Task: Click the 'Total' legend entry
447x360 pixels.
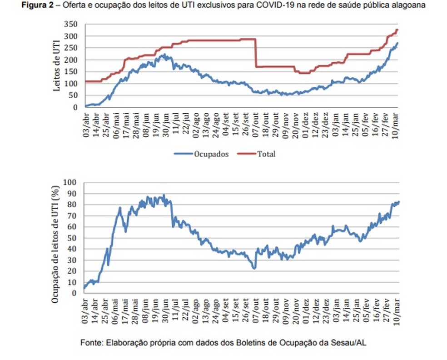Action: (266, 154)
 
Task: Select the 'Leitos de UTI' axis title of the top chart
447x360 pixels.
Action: (57, 65)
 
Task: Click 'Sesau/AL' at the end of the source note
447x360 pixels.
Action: (351, 342)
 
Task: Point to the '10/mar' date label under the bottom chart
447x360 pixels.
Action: (396, 310)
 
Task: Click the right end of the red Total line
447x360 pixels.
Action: (397, 30)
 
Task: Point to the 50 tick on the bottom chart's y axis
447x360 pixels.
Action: (74, 238)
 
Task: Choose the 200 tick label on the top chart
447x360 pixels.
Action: (73, 60)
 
